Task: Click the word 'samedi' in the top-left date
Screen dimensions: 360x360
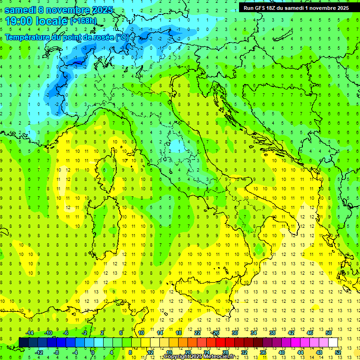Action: [19, 10]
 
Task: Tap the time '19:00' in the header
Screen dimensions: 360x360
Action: [19, 21]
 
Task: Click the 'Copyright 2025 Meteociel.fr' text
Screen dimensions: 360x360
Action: [199, 357]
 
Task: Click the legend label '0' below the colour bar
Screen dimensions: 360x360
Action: [93, 352]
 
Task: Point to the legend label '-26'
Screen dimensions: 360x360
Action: [215, 333]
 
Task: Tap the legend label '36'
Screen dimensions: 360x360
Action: [263, 352]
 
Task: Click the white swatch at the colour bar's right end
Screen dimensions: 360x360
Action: [333, 342]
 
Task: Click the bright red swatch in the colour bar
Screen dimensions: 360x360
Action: [220, 342]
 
